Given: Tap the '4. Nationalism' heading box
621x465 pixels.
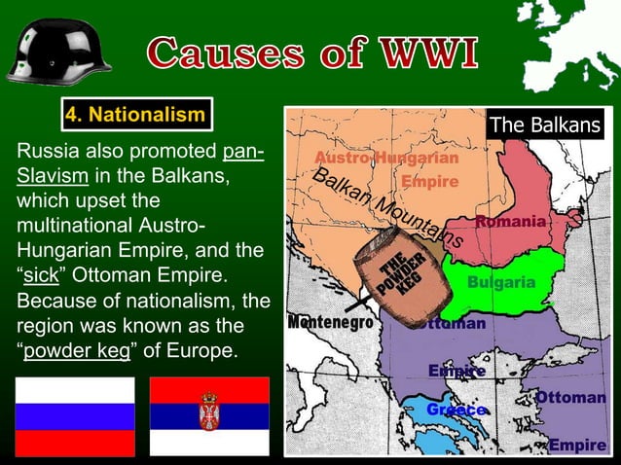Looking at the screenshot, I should click(135, 116).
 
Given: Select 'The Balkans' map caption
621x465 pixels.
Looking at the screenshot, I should click(545, 125).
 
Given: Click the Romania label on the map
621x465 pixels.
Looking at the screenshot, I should click(510, 222).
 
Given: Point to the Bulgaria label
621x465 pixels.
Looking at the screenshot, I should click(501, 282).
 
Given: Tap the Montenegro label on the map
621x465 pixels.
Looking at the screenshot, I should click(331, 322).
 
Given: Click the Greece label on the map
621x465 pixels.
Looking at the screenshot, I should click(456, 410).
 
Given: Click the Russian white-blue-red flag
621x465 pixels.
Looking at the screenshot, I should click(75, 416).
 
